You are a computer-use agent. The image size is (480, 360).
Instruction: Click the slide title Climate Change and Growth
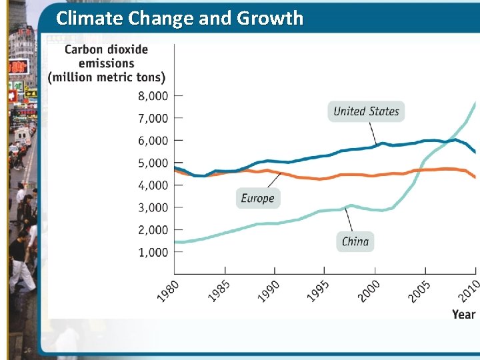[179, 18]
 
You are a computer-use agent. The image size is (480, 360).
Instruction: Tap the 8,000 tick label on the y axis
[153, 96]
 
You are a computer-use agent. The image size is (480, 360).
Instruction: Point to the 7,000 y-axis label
[153, 119]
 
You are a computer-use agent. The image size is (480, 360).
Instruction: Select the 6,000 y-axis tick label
[153, 141]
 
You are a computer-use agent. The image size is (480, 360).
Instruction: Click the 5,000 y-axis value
[153, 163]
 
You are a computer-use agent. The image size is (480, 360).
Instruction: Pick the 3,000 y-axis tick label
[153, 208]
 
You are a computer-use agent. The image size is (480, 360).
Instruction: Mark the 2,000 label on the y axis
[153, 230]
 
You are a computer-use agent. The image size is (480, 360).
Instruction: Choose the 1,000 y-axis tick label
[153, 253]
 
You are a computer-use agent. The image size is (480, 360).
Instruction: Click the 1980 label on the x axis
[169, 291]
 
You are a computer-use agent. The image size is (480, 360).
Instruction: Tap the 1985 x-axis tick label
[219, 291]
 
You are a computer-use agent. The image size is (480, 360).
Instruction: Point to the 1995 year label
[319, 291]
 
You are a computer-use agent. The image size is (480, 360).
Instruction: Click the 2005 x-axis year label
[419, 291]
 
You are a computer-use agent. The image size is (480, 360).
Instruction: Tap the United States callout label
[366, 111]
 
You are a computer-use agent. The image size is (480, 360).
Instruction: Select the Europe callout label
[257, 198]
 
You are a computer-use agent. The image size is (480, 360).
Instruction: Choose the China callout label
[355, 241]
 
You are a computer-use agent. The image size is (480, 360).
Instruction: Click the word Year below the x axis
[463, 314]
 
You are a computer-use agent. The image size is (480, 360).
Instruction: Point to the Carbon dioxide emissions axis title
[107, 63]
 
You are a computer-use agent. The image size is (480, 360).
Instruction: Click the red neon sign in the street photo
[18, 67]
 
